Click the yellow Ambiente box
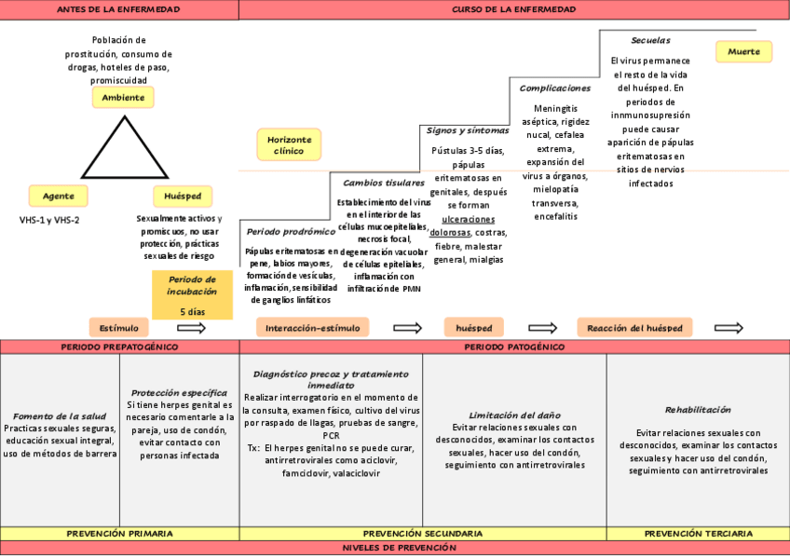[x=123, y=97]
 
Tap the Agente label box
[x=59, y=196]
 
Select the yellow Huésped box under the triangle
[x=182, y=196]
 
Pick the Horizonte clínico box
[x=289, y=144]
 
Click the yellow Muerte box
[x=744, y=52]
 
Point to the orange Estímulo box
[x=119, y=327]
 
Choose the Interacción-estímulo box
[x=312, y=327]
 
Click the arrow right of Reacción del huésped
[x=729, y=328]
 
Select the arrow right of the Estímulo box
[x=190, y=328]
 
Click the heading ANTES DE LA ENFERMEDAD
[x=118, y=9]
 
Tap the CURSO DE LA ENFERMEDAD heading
[x=513, y=9]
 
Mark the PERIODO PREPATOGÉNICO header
[x=119, y=347]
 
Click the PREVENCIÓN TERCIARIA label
[x=698, y=534]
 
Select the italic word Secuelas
[x=650, y=41]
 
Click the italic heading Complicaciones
[x=554, y=88]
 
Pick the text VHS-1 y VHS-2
[x=49, y=220]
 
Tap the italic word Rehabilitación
[x=698, y=410]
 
